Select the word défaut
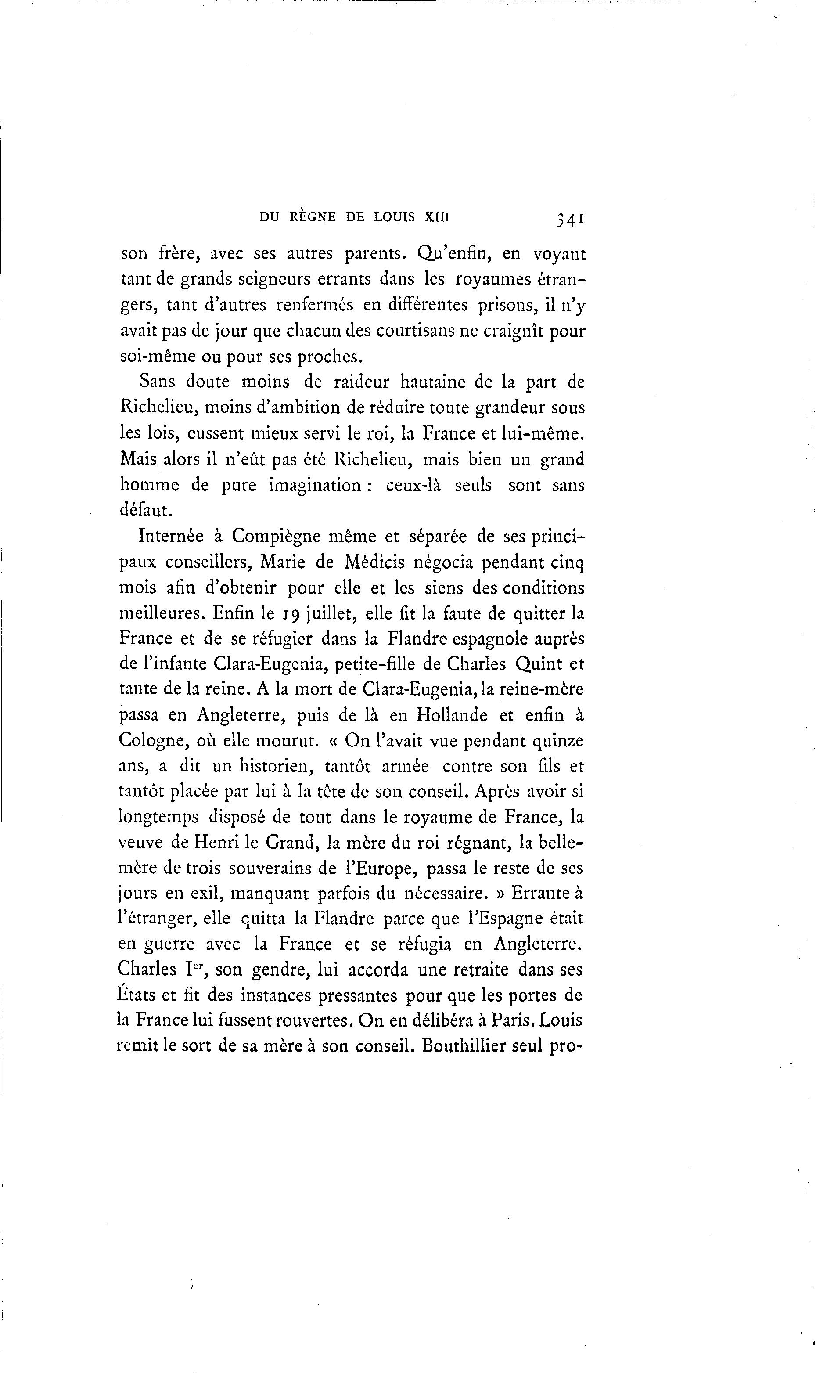tap(146, 510)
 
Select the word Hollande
tap(452, 715)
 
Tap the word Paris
tap(513, 1020)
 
